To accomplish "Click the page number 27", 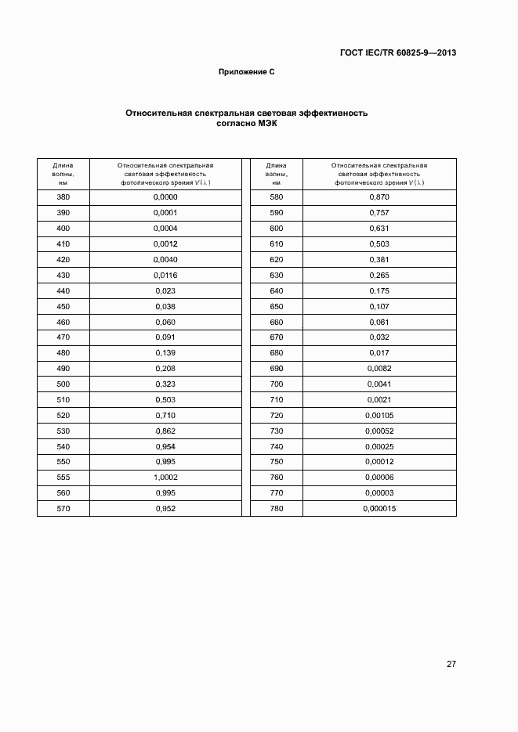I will pos(451,665).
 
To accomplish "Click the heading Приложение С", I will pos(246,72).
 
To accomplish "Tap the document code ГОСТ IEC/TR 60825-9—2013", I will pos(397,53).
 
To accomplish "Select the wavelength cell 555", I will pos(63,477).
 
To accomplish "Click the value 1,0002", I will pos(165,477).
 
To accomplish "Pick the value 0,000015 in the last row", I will pos(379,508).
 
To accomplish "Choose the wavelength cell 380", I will pos(63,197).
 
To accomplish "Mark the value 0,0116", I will pos(165,275).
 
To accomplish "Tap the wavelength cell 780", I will pos(276,508).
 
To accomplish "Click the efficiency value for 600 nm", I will pos(379,228).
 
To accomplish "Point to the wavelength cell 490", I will pos(63,368).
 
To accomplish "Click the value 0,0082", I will pos(379,368).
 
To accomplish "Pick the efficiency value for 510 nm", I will pos(165,399).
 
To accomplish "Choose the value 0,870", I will pos(379,197).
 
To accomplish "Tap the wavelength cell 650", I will pos(276,306).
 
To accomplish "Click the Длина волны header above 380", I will pos(63,174).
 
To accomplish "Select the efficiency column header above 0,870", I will pos(379,174).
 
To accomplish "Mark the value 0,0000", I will pos(165,197).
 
